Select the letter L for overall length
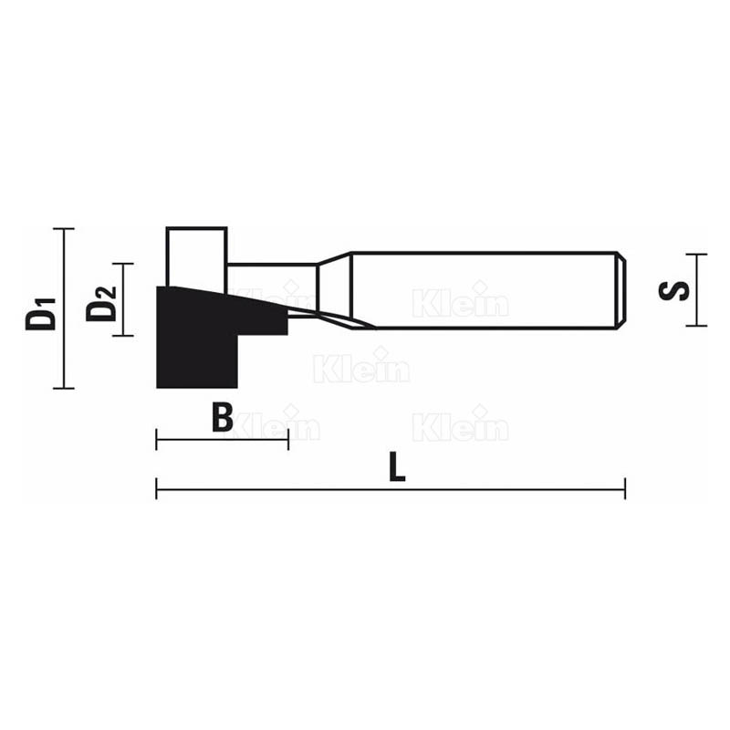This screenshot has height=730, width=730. coord(395,468)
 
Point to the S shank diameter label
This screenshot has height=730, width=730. coord(674,290)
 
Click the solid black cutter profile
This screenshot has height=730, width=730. coord(196,342)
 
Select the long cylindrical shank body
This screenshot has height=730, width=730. coord(484,289)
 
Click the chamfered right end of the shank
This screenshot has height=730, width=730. coord(622,289)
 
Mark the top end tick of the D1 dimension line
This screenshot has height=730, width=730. coord(63,228)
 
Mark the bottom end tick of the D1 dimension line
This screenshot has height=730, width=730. coord(63,388)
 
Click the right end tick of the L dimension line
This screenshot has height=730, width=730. coord(624,488)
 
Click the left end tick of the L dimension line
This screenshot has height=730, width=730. coord(157,488)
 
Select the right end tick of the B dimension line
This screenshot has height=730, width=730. coord(288,441)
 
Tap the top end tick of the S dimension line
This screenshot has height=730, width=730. coord(696,255)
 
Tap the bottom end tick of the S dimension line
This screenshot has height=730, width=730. coord(696,325)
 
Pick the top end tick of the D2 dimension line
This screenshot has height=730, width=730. coord(122,264)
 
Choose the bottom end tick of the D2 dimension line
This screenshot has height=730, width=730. coord(122,335)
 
